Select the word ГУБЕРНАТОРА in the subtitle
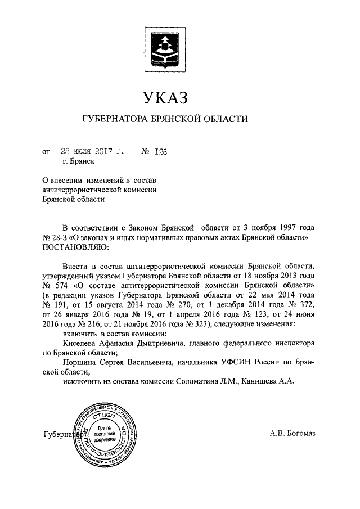point(115,119)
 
